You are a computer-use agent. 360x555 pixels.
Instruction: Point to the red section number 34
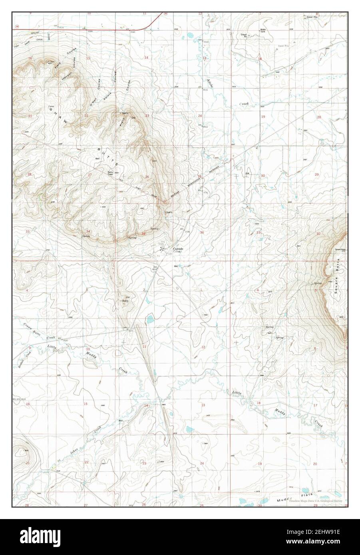pos(88,232)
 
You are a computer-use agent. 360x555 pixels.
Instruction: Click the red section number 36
pos(202,232)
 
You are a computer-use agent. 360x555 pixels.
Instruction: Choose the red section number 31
pos(259,232)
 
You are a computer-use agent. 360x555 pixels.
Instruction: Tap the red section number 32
pos(318,233)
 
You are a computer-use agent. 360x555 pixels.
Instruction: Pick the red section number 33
pos(28,232)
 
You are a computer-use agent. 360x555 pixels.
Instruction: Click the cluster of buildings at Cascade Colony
pos(162,249)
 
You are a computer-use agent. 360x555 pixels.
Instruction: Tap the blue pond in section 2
pos(150,319)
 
